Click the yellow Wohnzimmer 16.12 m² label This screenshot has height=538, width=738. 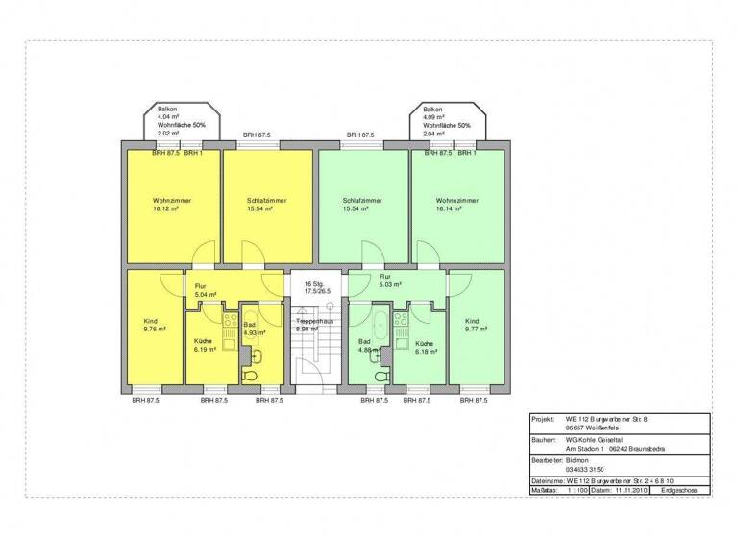[171, 204]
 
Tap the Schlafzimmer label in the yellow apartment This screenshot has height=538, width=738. [267, 204]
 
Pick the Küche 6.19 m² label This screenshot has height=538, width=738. [203, 346]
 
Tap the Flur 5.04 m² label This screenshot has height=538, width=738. [206, 290]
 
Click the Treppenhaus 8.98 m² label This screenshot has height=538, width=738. [313, 323]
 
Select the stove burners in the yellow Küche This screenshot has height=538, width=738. [230, 320]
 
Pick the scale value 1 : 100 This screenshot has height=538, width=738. [577, 490]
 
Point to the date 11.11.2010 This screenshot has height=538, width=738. [629, 490]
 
